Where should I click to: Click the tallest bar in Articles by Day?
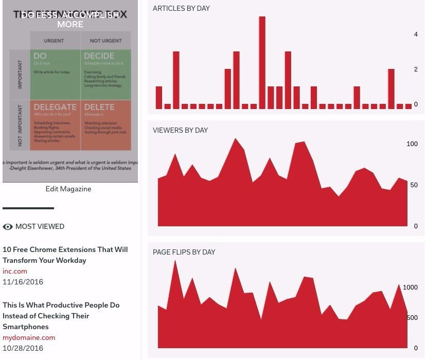coord(262,63)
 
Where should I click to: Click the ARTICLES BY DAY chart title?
coord(181,8)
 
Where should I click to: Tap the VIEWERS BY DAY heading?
coord(180,130)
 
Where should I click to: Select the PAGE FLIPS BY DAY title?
coord(184,252)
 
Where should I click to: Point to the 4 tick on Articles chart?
coord(416,34)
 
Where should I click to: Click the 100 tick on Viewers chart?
coord(412,144)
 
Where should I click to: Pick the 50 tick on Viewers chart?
coord(414,185)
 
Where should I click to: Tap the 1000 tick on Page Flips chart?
coord(410,287)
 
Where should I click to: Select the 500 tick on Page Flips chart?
coord(412,318)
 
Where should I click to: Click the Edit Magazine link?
coord(68,189)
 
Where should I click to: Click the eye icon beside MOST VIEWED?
coord(8,226)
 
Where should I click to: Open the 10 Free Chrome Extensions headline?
coord(65,255)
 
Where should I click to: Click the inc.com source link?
coord(15,271)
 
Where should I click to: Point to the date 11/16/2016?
coord(23,282)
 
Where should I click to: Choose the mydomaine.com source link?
coord(29,337)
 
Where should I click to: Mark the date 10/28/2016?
coord(23,348)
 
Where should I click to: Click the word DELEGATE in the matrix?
coord(55,107)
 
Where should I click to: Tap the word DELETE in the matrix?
coord(99,107)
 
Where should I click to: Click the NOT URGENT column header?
coord(105,40)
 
